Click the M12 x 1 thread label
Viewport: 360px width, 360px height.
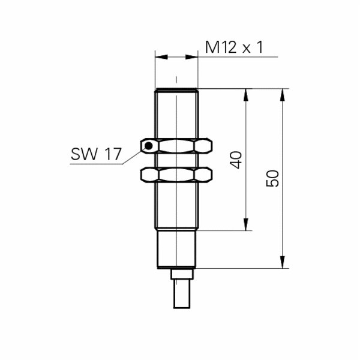(x=234, y=47)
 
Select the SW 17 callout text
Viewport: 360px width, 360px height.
(x=96, y=154)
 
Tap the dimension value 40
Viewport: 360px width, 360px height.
(x=236, y=160)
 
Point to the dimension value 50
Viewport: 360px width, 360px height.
(x=272, y=178)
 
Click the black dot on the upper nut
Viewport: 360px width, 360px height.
(x=149, y=146)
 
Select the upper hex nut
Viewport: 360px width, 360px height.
(x=176, y=146)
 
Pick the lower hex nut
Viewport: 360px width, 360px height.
(x=176, y=175)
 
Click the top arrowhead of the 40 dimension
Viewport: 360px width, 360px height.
(x=246, y=95)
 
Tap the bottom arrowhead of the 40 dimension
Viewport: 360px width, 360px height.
(x=246, y=224)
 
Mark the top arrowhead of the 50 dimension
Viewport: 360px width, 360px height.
(x=283, y=95)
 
